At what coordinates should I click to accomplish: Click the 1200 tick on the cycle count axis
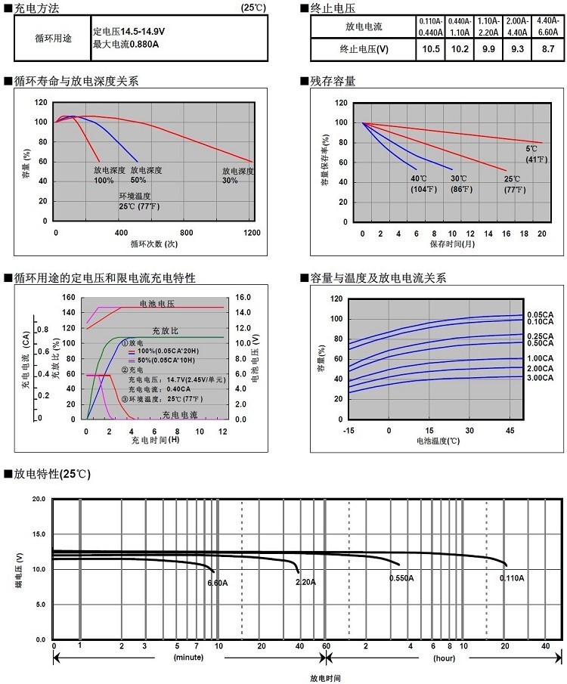tap(252, 233)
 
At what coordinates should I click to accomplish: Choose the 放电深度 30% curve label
tap(237, 175)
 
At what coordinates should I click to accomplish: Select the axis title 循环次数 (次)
tap(153, 243)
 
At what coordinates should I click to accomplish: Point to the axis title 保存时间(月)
tap(452, 244)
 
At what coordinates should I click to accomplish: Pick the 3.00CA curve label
tap(541, 377)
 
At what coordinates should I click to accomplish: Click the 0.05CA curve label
tap(541, 314)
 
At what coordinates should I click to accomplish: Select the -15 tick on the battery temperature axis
tap(349, 430)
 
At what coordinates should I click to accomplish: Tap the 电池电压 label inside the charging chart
tap(156, 302)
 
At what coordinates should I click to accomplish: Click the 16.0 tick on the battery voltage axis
tap(243, 298)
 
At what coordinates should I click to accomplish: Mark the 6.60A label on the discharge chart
tap(218, 583)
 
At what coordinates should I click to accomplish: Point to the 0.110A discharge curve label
tap(511, 578)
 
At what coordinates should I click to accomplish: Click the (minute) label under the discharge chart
tap(188, 658)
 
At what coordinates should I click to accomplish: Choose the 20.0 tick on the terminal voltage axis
tap(39, 500)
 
